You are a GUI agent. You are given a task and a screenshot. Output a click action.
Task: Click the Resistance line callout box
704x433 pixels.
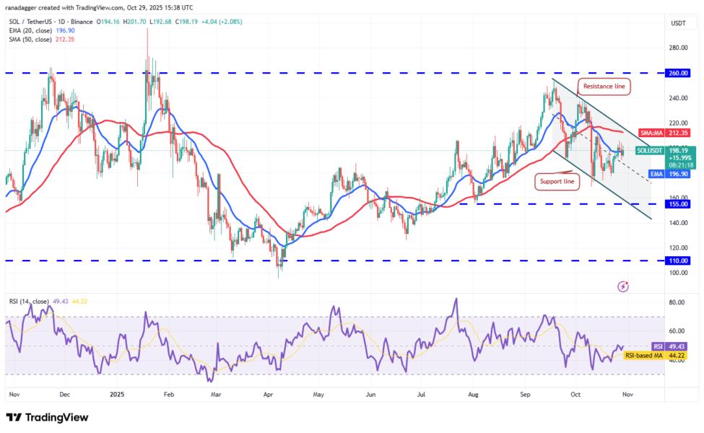click(604, 87)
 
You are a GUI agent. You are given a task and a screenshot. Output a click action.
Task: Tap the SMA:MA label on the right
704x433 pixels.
click(649, 133)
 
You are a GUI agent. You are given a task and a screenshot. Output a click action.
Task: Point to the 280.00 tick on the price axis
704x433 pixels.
click(677, 48)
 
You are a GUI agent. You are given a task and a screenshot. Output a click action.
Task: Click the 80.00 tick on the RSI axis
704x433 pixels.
click(677, 303)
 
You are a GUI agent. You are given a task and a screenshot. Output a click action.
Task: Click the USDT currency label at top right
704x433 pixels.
click(678, 23)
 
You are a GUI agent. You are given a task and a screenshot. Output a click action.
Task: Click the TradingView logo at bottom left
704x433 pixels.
click(47, 417)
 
